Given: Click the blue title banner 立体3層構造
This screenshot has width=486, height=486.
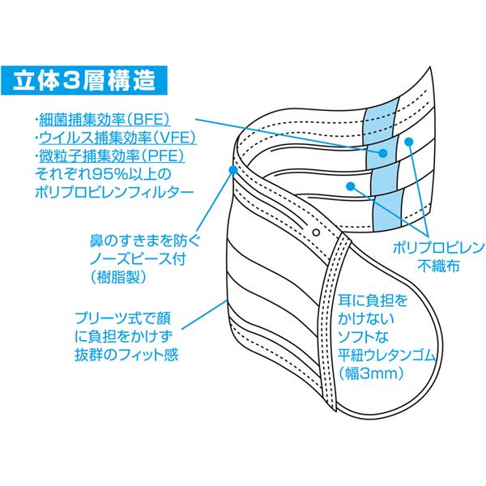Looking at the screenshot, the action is coord(84,80).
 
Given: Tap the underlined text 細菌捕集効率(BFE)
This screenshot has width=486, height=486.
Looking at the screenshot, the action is coord(104,120).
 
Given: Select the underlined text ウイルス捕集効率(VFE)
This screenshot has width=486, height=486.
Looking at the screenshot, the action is coord(117,138).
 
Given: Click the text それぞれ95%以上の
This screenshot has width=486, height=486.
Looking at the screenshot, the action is coord(103,174).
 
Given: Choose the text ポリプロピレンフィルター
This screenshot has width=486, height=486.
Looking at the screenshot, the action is coord(114,193).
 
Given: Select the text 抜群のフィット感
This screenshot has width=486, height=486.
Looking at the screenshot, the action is coord(126,355).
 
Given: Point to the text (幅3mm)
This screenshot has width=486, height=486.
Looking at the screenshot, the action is coord(372,373).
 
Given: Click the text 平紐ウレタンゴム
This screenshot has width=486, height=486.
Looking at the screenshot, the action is coord(387,356).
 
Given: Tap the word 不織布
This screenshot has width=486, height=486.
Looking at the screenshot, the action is coord(438,266).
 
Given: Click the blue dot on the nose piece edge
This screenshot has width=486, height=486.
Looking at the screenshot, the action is coord(232,169).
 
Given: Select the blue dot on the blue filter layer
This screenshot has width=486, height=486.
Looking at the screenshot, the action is coord(383,153).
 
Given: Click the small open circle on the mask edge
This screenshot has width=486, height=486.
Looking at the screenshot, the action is coord(316,232).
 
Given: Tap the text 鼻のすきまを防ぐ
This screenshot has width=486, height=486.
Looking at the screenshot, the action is coord(145,241).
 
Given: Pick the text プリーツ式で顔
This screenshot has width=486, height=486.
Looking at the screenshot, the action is coord(123,318).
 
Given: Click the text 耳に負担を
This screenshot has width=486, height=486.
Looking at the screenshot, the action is coord(373,301).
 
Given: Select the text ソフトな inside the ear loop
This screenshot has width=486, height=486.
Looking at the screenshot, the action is coord(363,337).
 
